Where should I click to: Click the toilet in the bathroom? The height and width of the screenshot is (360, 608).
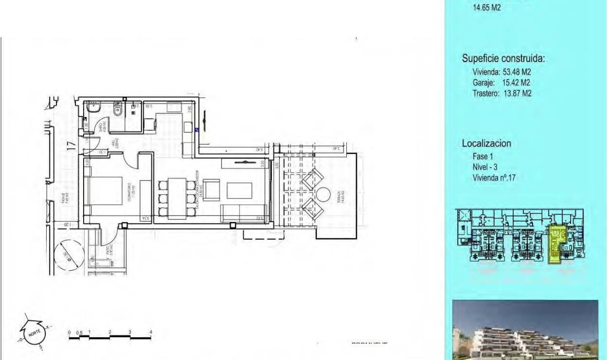pos(118,110)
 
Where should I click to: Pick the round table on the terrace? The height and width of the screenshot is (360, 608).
pos(323,193)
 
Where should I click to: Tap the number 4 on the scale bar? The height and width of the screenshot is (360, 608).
pos(151,332)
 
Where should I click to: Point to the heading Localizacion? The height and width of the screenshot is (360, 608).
pos(486,143)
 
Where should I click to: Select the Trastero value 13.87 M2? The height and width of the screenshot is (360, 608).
pos(517,93)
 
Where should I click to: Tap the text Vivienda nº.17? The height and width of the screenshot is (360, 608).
pos(494,177)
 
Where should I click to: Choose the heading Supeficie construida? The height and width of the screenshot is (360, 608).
pos(504,59)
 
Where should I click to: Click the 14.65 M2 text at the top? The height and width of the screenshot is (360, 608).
pos(487,7)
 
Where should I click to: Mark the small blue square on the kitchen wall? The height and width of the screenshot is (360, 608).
pos(197,130)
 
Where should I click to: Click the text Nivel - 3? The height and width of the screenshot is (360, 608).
pos(485,167)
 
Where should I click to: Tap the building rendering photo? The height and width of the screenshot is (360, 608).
pos(525,330)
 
